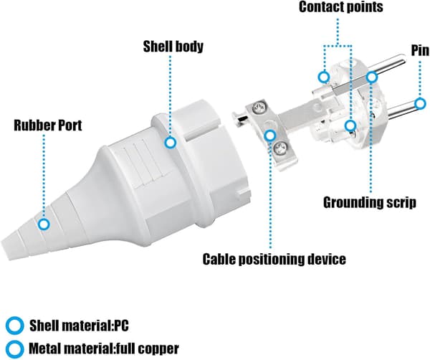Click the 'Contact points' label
[x=341, y=7]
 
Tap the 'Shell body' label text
[x=173, y=47]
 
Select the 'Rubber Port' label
[x=48, y=125]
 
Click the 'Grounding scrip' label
[x=370, y=203]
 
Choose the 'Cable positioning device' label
[x=274, y=260]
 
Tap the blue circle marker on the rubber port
[x=43, y=224]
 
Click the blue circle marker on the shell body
[x=171, y=143]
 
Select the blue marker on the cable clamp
[x=270, y=136]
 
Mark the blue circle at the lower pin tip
[x=420, y=104]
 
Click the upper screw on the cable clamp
[x=259, y=108]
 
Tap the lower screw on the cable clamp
[x=280, y=148]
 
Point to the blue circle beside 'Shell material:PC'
[x=14, y=326]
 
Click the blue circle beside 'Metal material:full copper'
[x=14, y=349]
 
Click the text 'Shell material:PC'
[x=79, y=326]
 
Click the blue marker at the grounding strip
[x=371, y=77]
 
